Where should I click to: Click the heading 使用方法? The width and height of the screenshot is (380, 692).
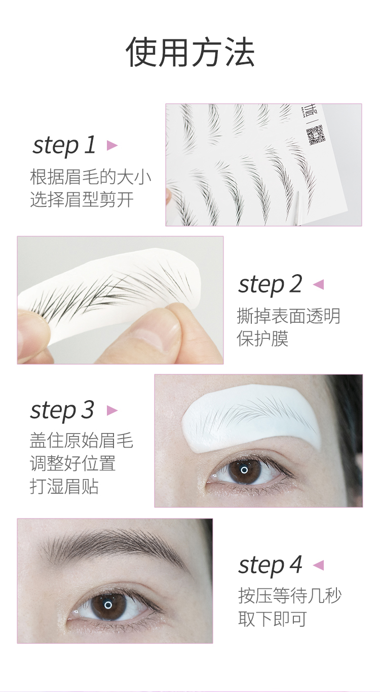(x=190, y=52)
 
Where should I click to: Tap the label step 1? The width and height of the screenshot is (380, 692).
(x=64, y=145)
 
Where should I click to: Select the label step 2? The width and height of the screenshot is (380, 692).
(x=270, y=284)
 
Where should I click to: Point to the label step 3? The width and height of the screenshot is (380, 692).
(x=62, y=411)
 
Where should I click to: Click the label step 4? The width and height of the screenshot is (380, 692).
(x=270, y=565)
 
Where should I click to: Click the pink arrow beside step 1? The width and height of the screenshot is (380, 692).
(x=112, y=145)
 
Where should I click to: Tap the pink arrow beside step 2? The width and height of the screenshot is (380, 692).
(x=318, y=284)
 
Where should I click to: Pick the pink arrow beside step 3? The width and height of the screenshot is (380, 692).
(x=112, y=411)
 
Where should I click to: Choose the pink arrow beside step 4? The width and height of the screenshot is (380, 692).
(x=318, y=565)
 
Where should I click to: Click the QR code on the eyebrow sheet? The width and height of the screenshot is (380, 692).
(x=315, y=135)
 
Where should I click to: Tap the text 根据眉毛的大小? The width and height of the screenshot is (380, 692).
(x=91, y=178)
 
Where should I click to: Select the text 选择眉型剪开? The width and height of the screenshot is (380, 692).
(x=82, y=200)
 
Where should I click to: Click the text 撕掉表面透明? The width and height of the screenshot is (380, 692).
(x=289, y=316)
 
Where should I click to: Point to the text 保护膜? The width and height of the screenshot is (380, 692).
(x=263, y=338)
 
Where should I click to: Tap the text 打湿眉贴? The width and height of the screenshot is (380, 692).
(x=64, y=487)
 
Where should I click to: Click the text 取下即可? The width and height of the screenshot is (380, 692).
(x=272, y=619)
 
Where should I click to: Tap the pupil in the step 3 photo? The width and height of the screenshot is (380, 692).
(x=244, y=470)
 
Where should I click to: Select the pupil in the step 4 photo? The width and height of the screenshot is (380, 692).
(x=108, y=605)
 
